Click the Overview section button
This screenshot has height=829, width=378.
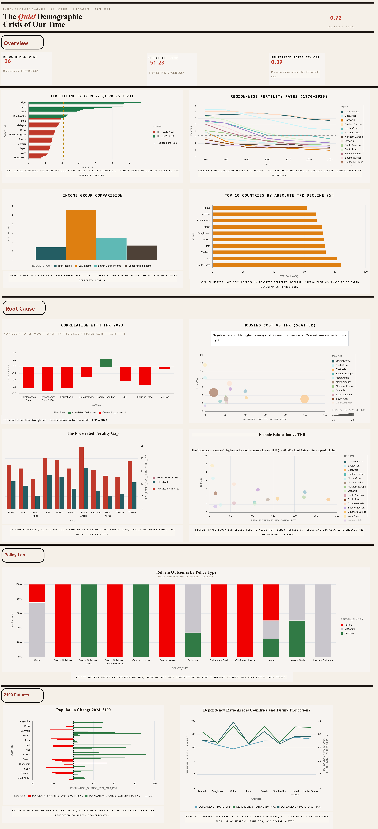[22, 43]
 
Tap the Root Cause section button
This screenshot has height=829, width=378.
[24, 308]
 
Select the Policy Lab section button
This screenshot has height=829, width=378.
[23, 555]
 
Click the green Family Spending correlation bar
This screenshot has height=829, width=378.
[106, 363]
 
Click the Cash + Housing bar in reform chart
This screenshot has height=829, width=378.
[141, 620]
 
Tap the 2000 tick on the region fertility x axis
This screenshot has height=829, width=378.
[267, 160]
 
